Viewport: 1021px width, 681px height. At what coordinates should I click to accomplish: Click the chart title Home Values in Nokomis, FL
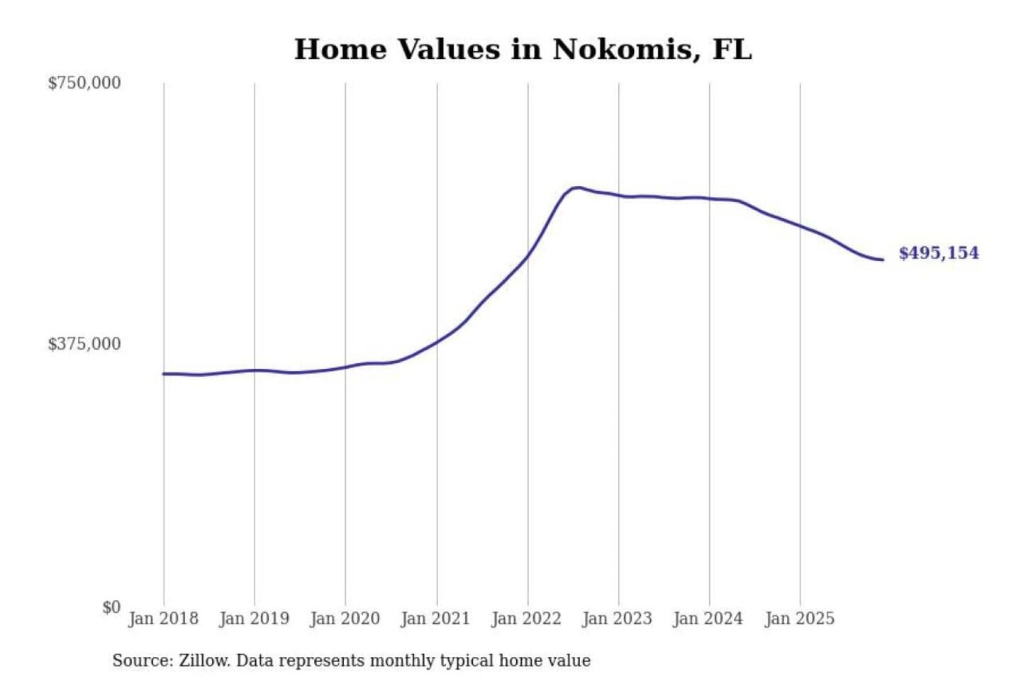pos(523,50)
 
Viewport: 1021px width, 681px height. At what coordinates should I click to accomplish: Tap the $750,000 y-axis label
pos(84,83)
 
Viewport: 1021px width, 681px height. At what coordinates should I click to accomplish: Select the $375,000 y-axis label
pos(84,344)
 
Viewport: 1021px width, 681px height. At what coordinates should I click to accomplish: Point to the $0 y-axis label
pos(111,607)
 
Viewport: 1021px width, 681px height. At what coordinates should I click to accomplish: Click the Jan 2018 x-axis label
pos(163,619)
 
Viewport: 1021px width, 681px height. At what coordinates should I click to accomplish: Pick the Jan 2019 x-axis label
pos(254,619)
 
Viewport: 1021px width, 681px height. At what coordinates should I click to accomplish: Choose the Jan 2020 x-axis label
pos(345,619)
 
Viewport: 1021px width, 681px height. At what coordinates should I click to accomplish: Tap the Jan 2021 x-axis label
pos(435,619)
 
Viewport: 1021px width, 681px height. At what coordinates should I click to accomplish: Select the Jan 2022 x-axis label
pos(526,619)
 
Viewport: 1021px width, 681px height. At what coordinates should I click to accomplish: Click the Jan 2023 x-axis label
pos(617,619)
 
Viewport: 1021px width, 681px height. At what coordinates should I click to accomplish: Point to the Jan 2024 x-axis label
pos(708,619)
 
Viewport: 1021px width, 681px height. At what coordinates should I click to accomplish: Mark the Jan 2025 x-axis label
pos(800,619)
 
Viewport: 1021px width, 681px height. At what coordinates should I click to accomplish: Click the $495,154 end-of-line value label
pos(939,253)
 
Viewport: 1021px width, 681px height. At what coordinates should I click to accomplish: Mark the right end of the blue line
pos(882,260)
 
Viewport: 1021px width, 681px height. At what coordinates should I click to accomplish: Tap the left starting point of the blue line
pos(164,374)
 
